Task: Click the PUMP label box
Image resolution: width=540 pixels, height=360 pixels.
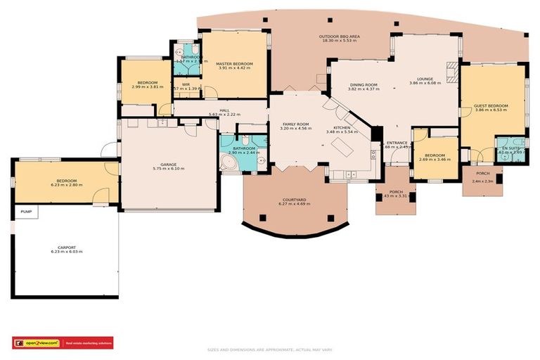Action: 26,212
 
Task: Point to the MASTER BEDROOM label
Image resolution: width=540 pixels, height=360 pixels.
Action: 234,64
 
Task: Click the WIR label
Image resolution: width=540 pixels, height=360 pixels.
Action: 186,84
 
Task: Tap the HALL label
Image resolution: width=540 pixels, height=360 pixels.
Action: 224,110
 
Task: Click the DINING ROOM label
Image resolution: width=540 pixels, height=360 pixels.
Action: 364,84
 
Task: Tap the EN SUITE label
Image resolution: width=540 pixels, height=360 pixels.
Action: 507,147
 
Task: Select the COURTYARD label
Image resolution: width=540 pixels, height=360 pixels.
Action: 294,200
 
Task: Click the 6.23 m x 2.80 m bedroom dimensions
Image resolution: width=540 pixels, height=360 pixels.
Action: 67,185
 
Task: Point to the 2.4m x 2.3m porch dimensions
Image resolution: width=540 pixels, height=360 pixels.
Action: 482,181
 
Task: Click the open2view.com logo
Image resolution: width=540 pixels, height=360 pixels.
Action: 37,343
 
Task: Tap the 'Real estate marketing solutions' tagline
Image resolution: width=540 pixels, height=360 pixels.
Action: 89,343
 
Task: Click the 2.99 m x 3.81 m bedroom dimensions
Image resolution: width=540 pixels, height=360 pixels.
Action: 147,87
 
